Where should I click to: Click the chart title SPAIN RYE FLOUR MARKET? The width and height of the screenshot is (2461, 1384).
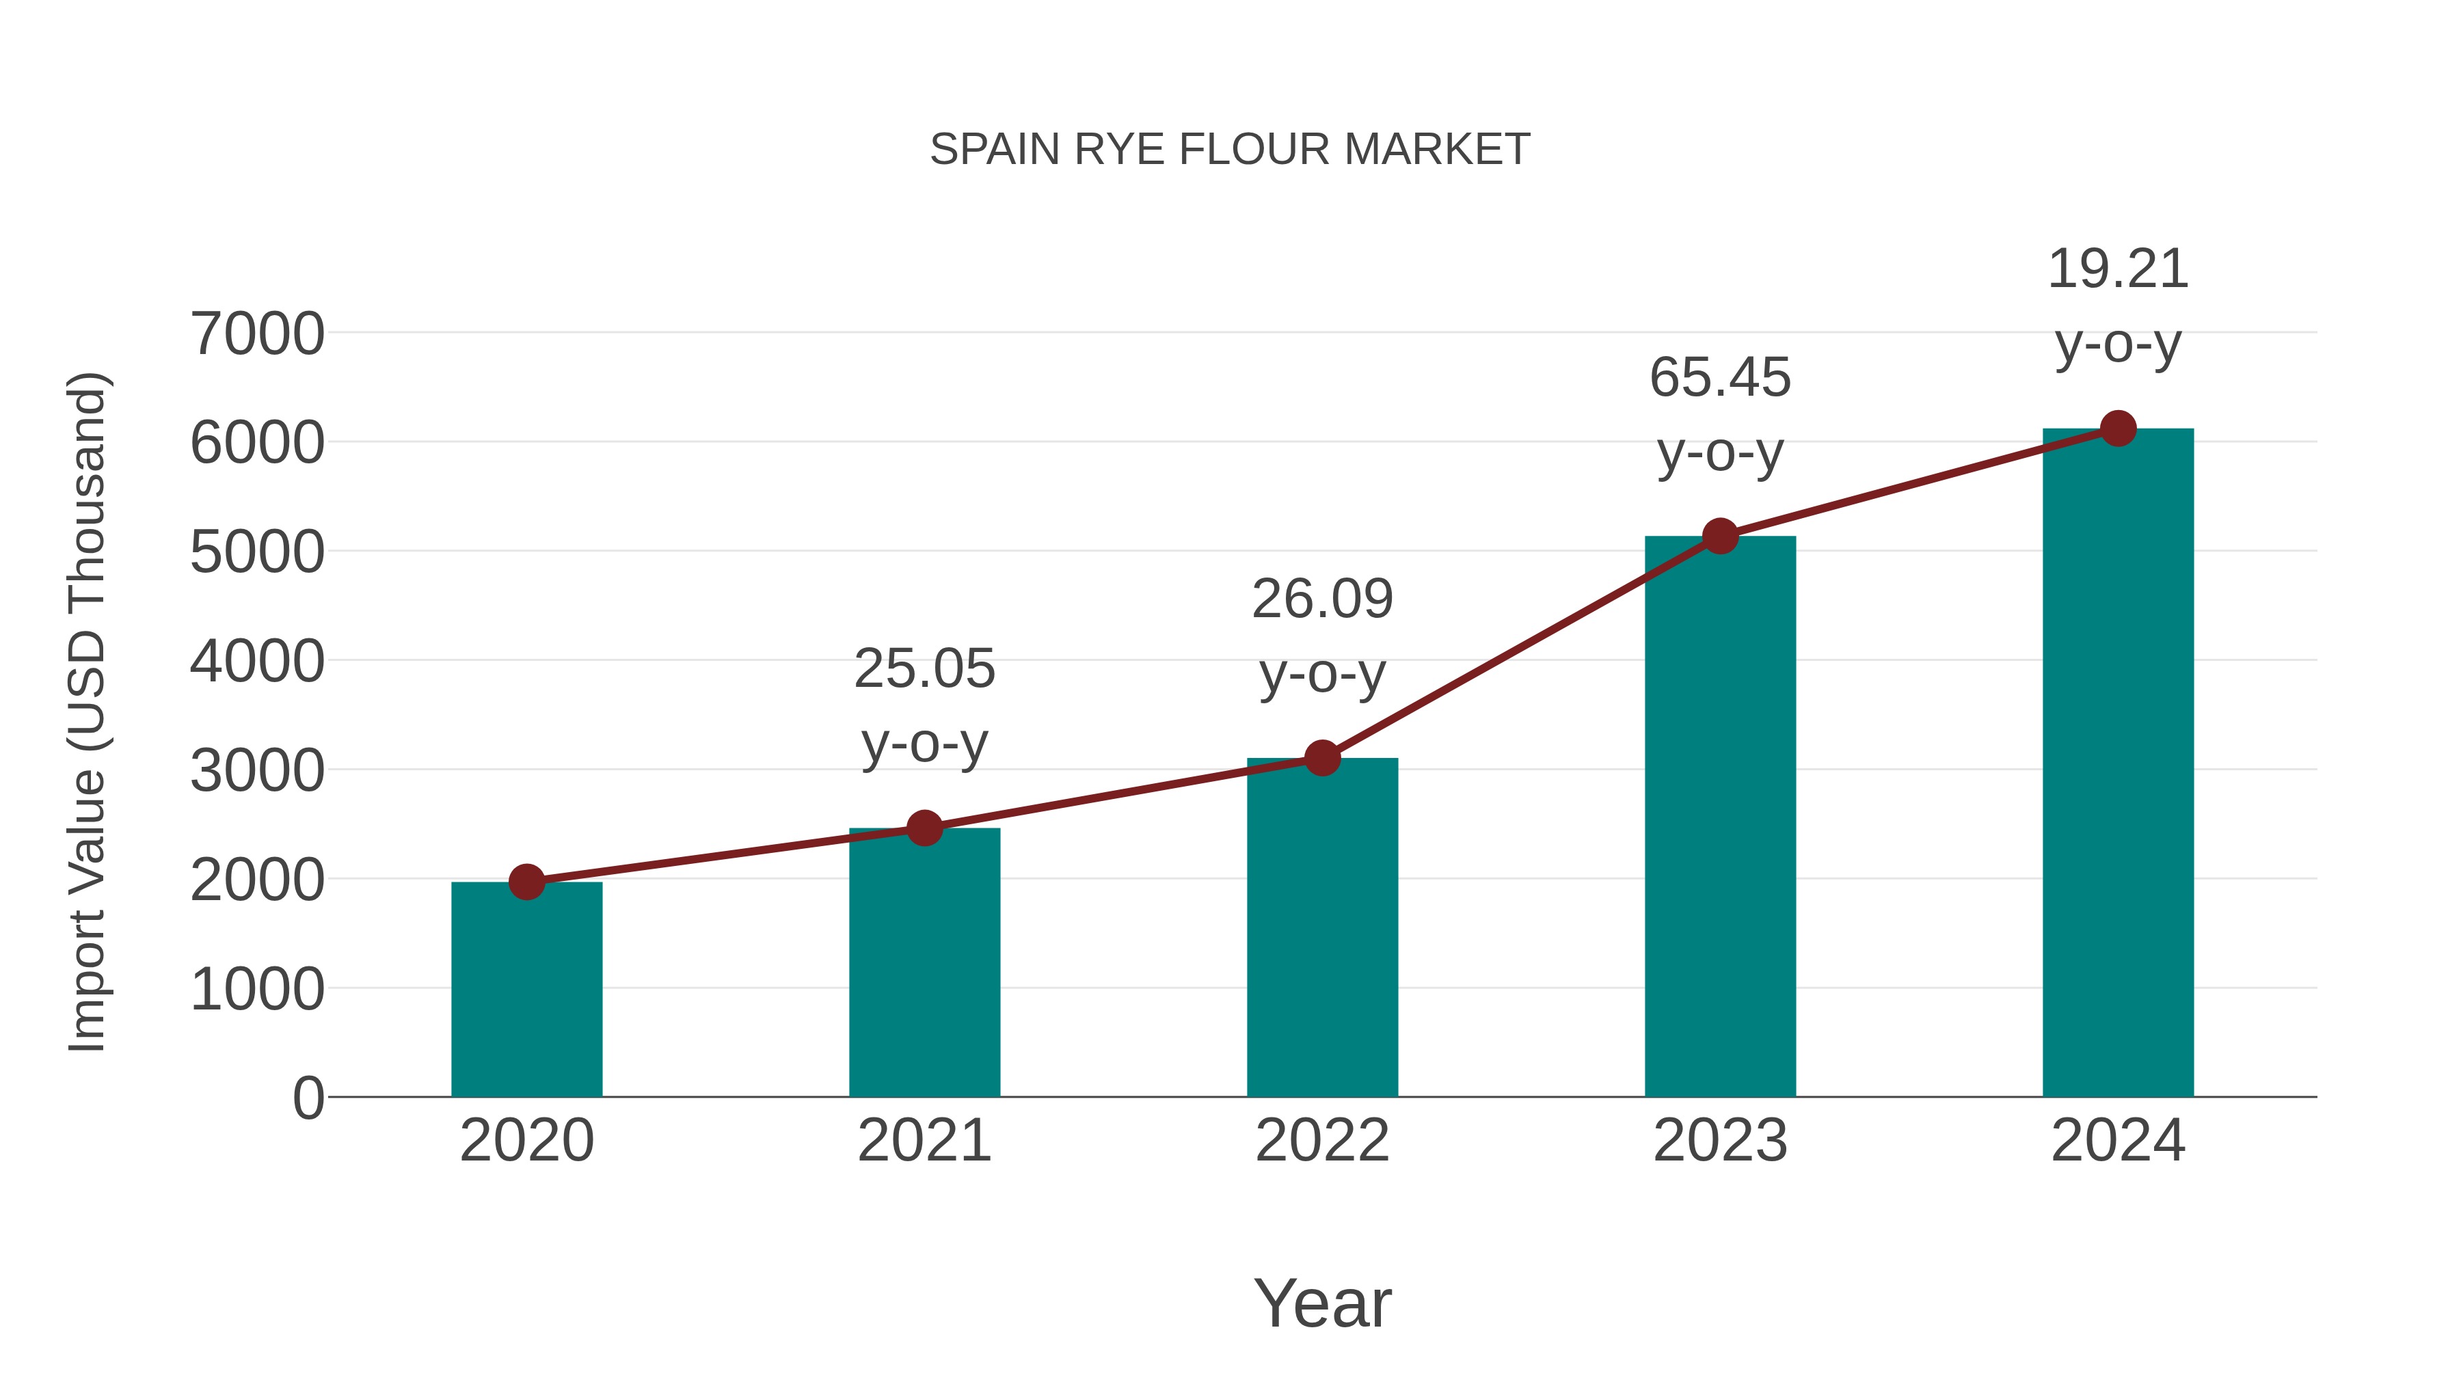pyautogui.click(x=1230, y=150)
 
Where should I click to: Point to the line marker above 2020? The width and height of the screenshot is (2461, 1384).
pyautogui.click(x=526, y=882)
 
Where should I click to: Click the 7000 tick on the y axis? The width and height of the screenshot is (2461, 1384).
pyautogui.click(x=257, y=334)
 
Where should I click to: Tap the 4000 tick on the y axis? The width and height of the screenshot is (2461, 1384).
pyautogui.click(x=257, y=661)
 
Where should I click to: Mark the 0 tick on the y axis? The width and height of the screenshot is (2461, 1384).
pyautogui.click(x=308, y=1098)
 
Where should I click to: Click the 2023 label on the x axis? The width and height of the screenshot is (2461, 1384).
pyautogui.click(x=1720, y=1141)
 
